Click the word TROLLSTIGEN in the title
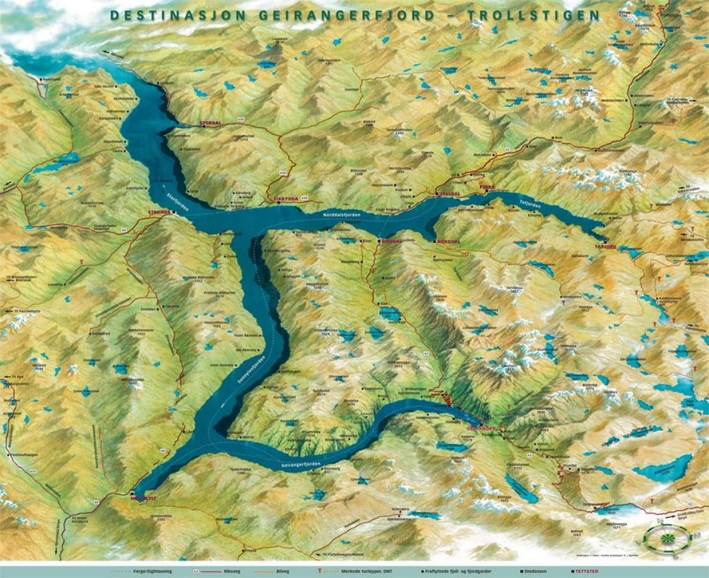click(x=534, y=15)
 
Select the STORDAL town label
click(x=210, y=124)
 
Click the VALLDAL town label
click(x=449, y=193)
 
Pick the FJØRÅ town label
click(x=486, y=186)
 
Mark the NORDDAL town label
click(x=448, y=242)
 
